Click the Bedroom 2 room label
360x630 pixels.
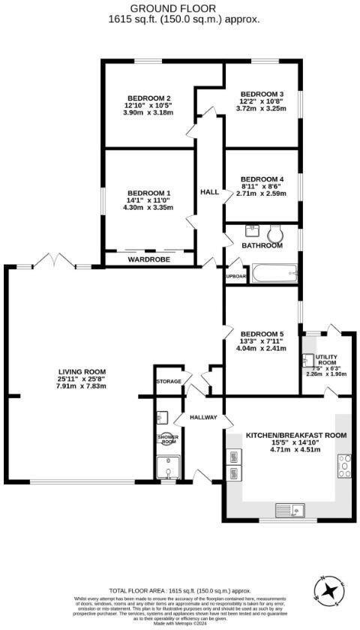(149, 98)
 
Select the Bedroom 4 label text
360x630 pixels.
(261, 178)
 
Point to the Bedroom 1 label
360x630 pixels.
(149, 193)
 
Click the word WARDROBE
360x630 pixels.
(149, 259)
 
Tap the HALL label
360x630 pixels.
(210, 192)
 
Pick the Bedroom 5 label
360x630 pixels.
(261, 334)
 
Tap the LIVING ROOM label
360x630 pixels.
(82, 372)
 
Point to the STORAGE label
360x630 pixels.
(169, 382)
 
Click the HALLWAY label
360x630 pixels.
(202, 417)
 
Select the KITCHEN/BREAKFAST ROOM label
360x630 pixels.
(296, 435)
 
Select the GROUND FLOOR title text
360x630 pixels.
(179, 7)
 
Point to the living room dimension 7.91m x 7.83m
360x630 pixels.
(82, 386)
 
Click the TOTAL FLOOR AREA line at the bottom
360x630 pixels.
(179, 591)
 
